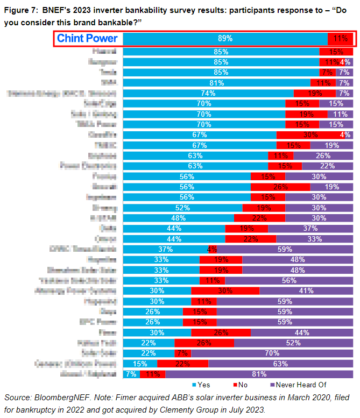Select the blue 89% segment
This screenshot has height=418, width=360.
point(225,38)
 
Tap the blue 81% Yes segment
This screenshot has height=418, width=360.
point(216,83)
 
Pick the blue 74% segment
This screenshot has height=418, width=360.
point(208,93)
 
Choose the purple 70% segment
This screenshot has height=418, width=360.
point(272,352)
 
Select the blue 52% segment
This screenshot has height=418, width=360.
point(182,208)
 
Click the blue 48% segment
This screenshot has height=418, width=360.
point(178,218)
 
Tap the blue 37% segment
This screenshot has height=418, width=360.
point(165,249)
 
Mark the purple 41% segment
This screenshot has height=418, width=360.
point(306,291)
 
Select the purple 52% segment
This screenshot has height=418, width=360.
point(294,342)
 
